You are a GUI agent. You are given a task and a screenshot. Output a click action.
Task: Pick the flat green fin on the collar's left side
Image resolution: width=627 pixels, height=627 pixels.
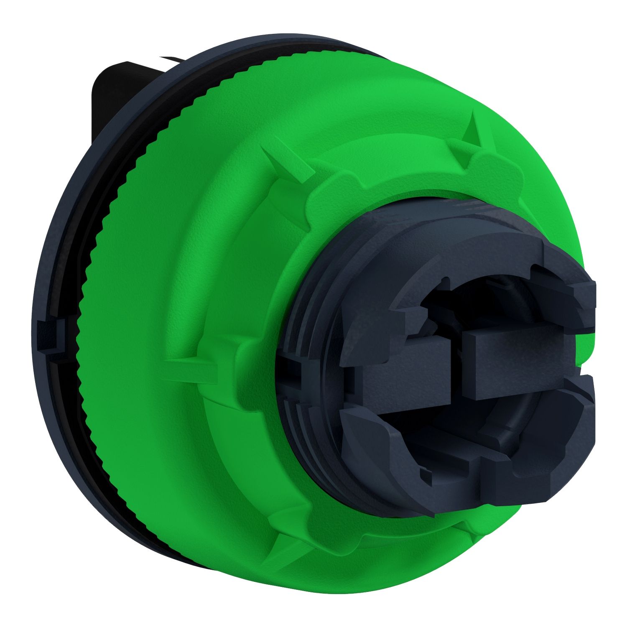(192, 364)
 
